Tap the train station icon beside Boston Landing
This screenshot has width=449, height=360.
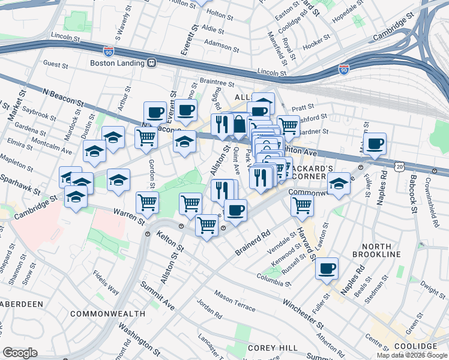[x=152, y=62]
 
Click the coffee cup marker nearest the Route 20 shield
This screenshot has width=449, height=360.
[x=375, y=144]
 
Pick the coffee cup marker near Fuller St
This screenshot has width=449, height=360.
[x=327, y=269]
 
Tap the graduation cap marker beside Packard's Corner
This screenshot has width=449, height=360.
[x=339, y=184]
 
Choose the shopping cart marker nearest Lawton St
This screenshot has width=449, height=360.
[x=302, y=205]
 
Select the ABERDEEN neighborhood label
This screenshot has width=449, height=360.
[x=22, y=304]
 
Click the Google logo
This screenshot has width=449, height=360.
[x=20, y=352]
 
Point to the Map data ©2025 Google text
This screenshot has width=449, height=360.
[x=412, y=355]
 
